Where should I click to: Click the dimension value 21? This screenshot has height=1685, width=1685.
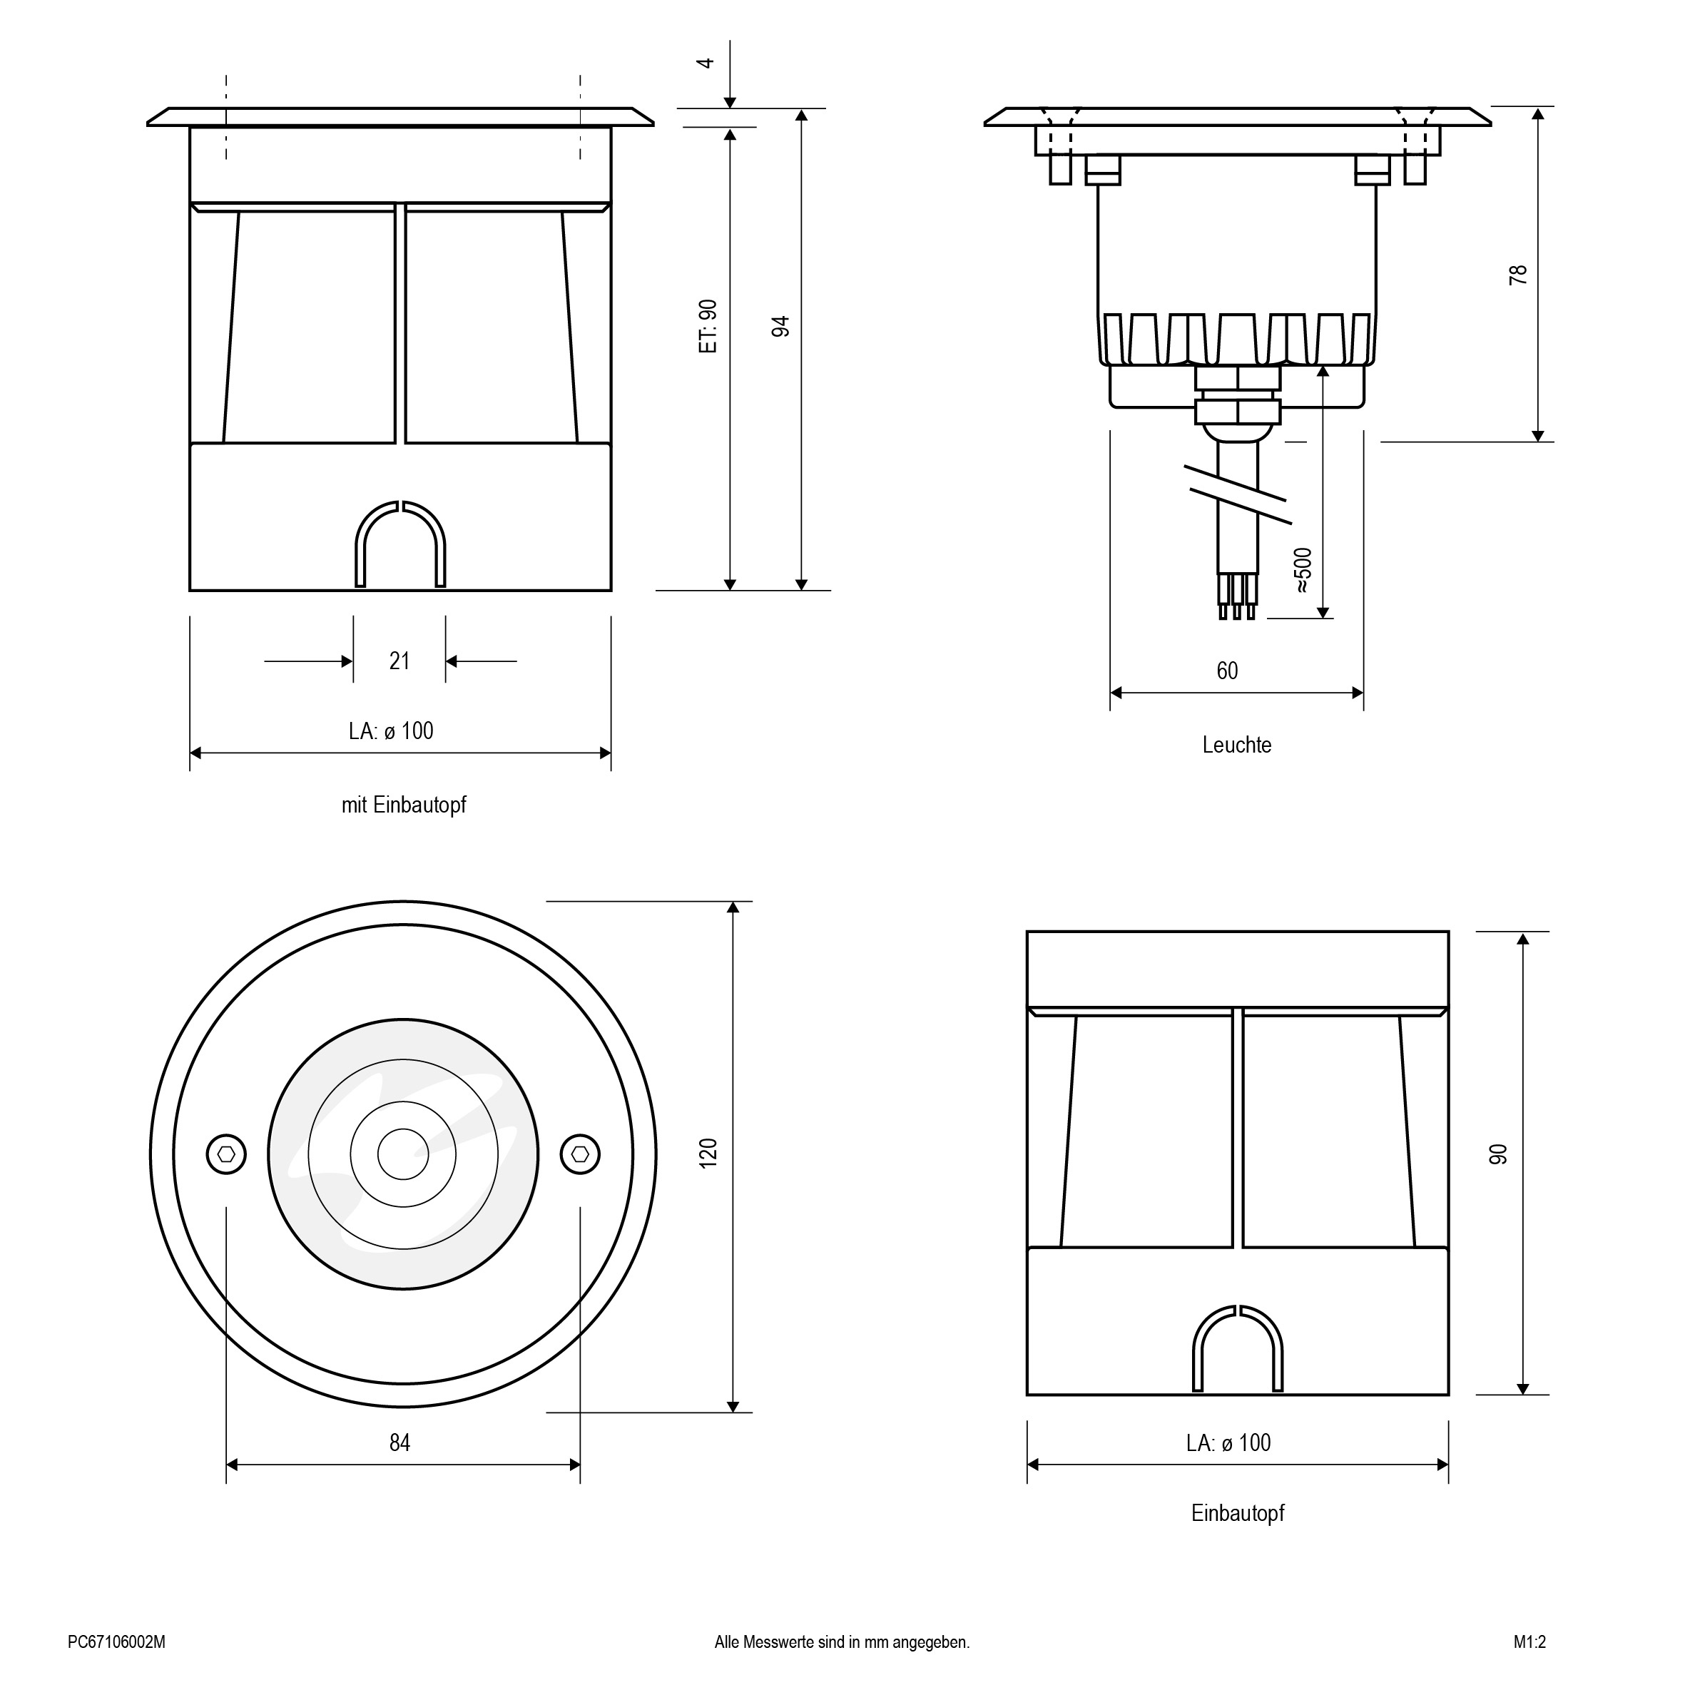[399, 661]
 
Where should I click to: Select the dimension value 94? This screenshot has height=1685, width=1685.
[780, 327]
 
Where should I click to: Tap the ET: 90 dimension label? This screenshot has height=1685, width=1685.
[708, 326]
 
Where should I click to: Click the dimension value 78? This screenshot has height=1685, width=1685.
[1518, 274]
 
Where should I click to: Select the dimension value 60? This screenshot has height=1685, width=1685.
[1227, 671]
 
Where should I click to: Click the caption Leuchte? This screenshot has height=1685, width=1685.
[1237, 745]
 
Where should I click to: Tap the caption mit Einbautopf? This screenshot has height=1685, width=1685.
[404, 805]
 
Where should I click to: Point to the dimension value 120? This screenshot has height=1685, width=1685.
[708, 1153]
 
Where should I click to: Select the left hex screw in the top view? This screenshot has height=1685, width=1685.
[227, 1154]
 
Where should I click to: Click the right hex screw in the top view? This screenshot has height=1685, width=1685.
[580, 1154]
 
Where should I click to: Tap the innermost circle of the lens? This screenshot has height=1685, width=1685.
[403, 1154]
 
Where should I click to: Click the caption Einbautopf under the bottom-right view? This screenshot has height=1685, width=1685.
[1238, 1512]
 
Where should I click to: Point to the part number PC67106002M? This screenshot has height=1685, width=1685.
[117, 1642]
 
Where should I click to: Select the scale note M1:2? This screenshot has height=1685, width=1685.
[1529, 1642]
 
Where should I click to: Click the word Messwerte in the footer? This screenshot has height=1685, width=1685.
[779, 1642]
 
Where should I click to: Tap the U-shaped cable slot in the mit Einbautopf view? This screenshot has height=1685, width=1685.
[400, 544]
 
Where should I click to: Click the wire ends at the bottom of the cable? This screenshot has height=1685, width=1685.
[1237, 596]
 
